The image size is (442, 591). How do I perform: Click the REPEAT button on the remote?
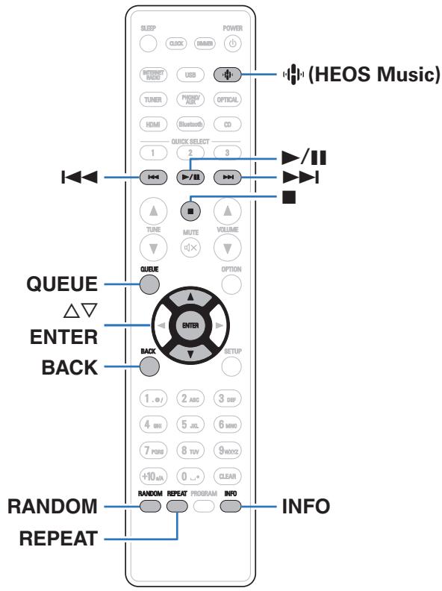click(177, 506)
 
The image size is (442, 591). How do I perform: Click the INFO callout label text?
click(308, 507)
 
